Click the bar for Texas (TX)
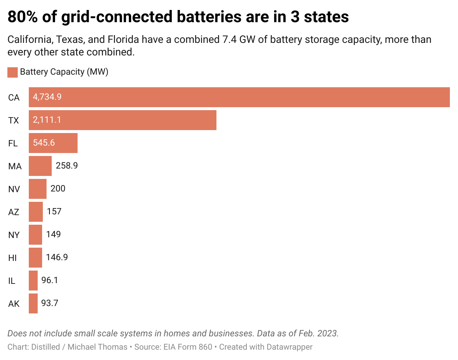pyautogui.click(x=123, y=120)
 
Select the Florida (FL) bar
pyautogui.click(x=53, y=143)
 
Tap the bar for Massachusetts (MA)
pyautogui.click(x=40, y=166)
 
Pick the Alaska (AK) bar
pyautogui.click(x=33, y=303)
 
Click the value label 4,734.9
pyautogui.click(x=47, y=97)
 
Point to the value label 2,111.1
pyautogui.click(x=47, y=120)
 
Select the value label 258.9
pyautogui.click(x=66, y=166)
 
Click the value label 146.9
pyautogui.click(x=57, y=257)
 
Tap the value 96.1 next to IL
pyautogui.click(x=49, y=280)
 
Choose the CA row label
pyautogui.click(x=14, y=98)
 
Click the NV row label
pyautogui.click(x=14, y=189)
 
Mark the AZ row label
pyautogui.click(x=14, y=212)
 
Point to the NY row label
pyautogui.click(x=14, y=235)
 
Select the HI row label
pyautogui.click(x=13, y=258)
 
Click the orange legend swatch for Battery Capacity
pyautogui.click(x=13, y=72)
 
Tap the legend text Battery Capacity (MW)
pyautogui.click(x=64, y=72)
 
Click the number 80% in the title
pyautogui.click(x=23, y=17)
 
